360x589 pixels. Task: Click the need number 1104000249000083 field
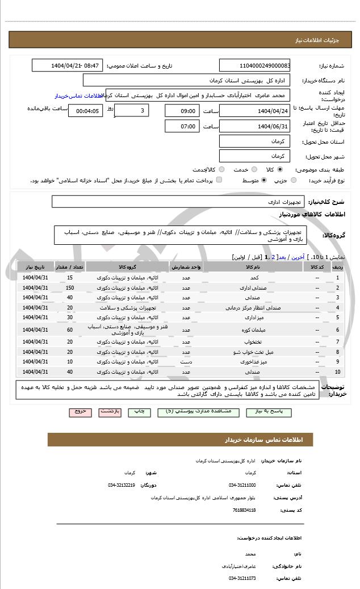pos(254,66)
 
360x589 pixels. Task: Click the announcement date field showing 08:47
pos(68,66)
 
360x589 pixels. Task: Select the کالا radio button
pos(280,169)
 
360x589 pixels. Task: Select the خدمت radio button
pos(254,169)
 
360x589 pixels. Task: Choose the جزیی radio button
pos(294,180)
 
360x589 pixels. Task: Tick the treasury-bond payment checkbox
pos(219,180)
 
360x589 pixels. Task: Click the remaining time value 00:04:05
pos(86,111)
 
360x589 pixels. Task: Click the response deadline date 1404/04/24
pos(254,111)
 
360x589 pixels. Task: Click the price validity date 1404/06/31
pos(254,126)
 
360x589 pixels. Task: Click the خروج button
pos(79,411)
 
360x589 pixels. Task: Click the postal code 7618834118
pos(244,510)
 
